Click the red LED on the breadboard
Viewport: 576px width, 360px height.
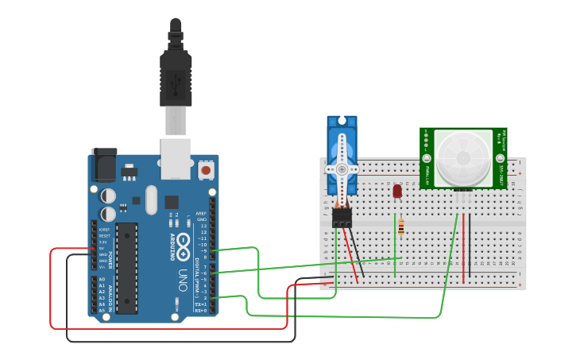tap(397, 191)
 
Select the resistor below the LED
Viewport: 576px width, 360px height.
tap(400, 228)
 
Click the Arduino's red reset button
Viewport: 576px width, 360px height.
tap(206, 169)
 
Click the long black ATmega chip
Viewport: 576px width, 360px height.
tap(126, 268)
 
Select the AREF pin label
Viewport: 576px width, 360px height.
tap(201, 214)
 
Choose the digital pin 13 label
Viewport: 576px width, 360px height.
tap(203, 226)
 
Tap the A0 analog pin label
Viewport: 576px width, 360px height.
tap(101, 279)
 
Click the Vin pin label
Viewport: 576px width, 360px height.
tap(102, 266)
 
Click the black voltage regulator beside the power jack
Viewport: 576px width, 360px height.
tap(128, 171)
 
